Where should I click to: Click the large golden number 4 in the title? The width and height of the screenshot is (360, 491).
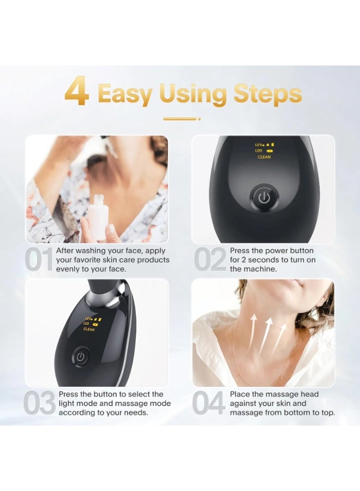pos(77,93)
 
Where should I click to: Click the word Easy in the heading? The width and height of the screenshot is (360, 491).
pos(125,94)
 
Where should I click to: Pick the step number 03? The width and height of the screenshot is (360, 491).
pos(40,404)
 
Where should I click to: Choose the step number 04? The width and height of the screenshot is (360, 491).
pos(209,404)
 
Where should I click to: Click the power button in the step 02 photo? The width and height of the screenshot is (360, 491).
pos(264,197)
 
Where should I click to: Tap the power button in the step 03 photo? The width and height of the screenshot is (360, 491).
pos(81,357)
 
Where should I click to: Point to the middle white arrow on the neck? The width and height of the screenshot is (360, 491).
pos(266,333)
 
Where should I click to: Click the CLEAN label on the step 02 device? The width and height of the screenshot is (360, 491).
pos(264,157)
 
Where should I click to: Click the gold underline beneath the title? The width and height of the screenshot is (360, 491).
pos(181,118)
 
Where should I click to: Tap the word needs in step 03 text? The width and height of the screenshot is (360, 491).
pos(135,413)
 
